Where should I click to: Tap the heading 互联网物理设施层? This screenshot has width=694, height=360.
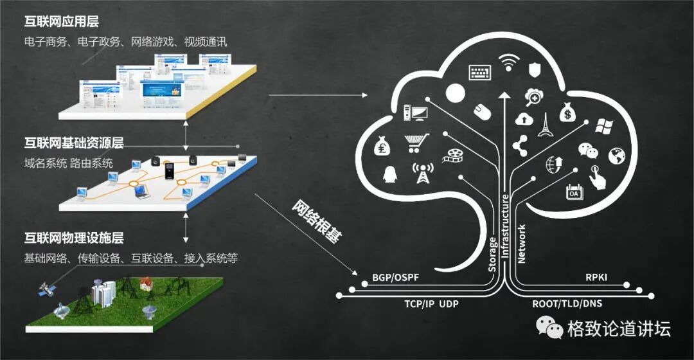point(73,239)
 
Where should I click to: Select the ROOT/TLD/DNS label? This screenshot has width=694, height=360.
point(567,303)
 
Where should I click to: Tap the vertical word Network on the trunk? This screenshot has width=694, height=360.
point(522,244)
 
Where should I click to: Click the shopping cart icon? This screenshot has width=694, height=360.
point(416,141)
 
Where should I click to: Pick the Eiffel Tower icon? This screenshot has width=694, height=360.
point(545,125)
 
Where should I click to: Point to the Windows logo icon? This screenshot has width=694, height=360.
point(603,126)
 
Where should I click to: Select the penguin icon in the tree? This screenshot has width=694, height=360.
point(389,174)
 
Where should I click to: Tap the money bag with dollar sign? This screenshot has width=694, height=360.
point(566,114)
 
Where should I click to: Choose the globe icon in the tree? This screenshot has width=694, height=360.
point(617,155)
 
